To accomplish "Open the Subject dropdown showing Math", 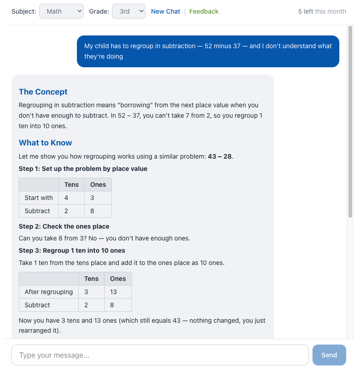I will coord(61,11).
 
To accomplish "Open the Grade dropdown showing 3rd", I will coord(128,11).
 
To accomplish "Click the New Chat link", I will coord(166,11).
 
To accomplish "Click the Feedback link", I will coord(204,11).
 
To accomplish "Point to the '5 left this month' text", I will coord(322,11).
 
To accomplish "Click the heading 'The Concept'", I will coord(43,92).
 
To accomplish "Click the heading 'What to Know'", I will coord(45,143).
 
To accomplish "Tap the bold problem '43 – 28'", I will coord(220,156).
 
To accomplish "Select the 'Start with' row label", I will coord(39,198).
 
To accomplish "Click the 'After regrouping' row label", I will coord(49,292).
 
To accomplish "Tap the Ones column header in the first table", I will coord(98,185).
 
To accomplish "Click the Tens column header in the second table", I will coord(91,279).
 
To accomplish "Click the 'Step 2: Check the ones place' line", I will coord(64,226).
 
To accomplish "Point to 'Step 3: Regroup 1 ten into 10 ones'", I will coord(72,250).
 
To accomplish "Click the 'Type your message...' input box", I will coord(160,355).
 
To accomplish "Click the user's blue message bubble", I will coord(208,51).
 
